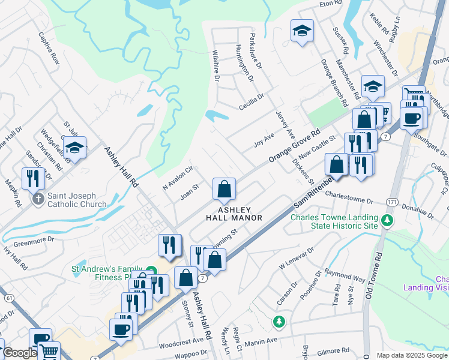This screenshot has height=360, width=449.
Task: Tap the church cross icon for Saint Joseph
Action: click(38, 199)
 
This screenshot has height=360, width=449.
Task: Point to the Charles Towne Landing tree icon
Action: click(388, 221)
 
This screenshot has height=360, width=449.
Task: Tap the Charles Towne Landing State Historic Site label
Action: click(334, 221)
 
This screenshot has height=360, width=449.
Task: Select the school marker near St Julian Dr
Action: click(75, 147)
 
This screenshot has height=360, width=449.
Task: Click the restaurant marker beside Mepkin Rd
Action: click(32, 178)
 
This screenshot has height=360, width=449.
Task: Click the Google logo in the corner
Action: click(20, 353)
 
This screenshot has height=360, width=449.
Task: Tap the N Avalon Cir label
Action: click(176, 178)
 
